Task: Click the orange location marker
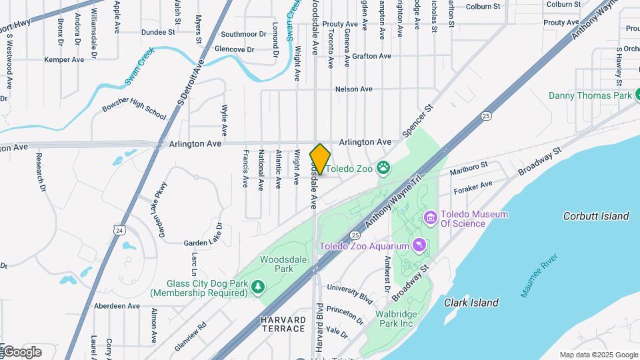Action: pos(320,159)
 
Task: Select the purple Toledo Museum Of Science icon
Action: pos(430,218)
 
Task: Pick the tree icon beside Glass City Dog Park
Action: pos(257,287)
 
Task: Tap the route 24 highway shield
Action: pos(119,230)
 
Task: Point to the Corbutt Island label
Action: pos(596,216)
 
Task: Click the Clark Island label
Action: pos(471,303)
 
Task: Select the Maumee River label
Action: pos(542,275)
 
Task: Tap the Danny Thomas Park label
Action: pos(589,95)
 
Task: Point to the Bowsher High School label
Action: pos(134,106)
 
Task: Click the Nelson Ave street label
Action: pos(353,89)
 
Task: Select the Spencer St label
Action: pos(419,121)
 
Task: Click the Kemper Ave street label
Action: pos(64,59)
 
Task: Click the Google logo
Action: pos(22,351)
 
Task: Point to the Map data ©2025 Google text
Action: pos(598,355)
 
